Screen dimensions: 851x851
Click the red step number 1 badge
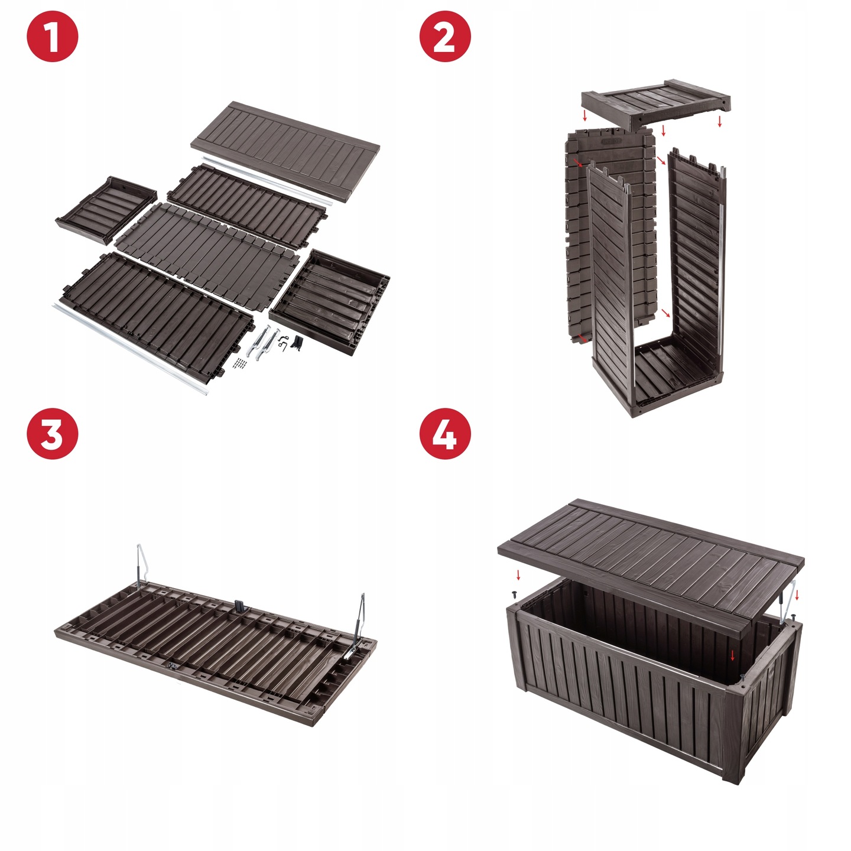pos(53,36)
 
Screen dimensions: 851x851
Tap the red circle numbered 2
pos(445,36)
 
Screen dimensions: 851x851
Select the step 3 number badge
pos(53,434)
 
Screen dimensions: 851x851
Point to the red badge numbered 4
pos(445,434)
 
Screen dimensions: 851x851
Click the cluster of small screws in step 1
pos(241,363)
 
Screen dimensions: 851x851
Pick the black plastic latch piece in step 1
pos(298,343)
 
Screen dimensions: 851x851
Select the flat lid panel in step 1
pos(285,151)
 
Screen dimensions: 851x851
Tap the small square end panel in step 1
pos(106,210)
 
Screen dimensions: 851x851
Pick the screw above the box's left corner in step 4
pos(515,595)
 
